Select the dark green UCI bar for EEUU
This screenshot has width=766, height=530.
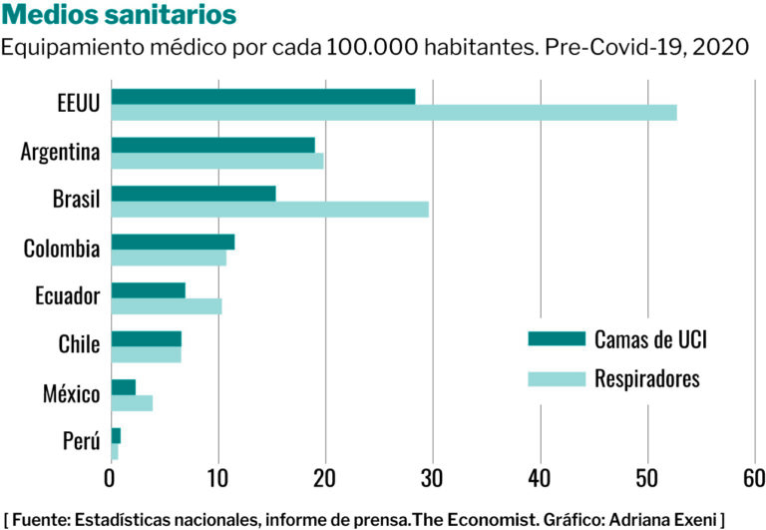click(x=262, y=97)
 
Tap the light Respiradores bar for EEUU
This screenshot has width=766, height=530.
click(x=393, y=113)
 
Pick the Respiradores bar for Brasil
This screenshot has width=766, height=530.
click(x=269, y=209)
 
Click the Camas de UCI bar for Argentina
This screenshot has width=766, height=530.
click(x=212, y=145)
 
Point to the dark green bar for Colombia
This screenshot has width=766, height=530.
click(x=173, y=242)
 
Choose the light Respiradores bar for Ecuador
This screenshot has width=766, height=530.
click(x=166, y=305)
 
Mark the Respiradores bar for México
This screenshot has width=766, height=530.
click(x=132, y=402)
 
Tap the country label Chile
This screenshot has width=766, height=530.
click(x=79, y=345)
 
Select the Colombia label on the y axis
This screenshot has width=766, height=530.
click(x=62, y=249)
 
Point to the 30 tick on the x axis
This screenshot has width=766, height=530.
click(x=433, y=478)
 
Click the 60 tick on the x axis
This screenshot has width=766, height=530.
click(x=754, y=478)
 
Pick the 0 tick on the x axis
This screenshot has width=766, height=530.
click(x=111, y=478)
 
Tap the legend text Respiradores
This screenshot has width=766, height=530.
click(x=647, y=379)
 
